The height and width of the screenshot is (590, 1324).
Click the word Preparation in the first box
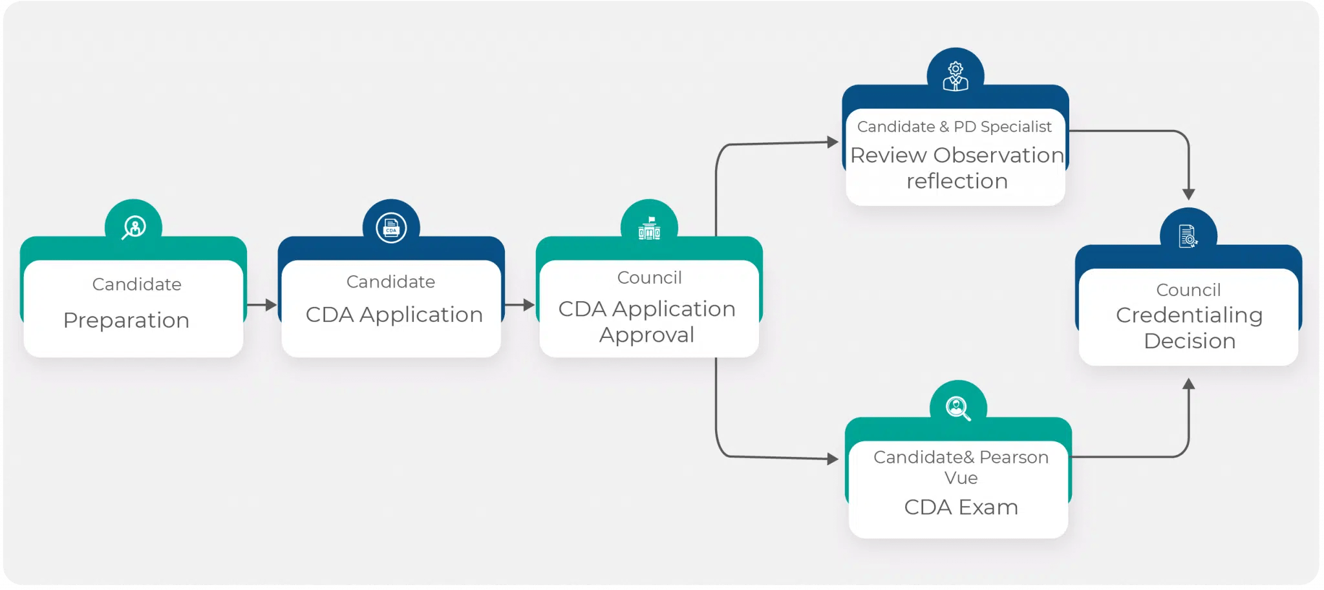click(x=126, y=321)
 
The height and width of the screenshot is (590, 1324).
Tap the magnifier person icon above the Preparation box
click(x=134, y=227)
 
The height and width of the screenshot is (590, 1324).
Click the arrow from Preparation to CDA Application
click(x=262, y=304)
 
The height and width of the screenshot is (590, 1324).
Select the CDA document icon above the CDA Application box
click(x=391, y=228)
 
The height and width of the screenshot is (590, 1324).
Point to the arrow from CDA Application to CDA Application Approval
click(x=520, y=304)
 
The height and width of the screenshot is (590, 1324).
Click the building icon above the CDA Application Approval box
click(x=649, y=228)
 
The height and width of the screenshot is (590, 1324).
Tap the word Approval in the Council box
click(x=646, y=335)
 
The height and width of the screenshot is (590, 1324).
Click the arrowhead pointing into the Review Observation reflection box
click(x=833, y=142)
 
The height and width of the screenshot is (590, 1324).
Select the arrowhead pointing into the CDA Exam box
click(x=833, y=459)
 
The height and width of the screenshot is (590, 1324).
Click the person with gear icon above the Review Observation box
click(x=956, y=76)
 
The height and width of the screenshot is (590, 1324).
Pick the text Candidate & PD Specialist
click(x=954, y=127)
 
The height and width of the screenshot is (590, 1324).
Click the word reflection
click(x=957, y=182)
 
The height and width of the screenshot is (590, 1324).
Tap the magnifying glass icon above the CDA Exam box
click(x=957, y=408)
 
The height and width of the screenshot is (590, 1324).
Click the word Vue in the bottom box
click(x=961, y=478)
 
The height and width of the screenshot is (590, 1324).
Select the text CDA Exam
click(x=961, y=507)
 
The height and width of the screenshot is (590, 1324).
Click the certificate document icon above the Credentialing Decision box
click(x=1188, y=237)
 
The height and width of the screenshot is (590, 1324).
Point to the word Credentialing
click(x=1189, y=315)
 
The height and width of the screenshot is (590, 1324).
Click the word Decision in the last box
click(x=1190, y=341)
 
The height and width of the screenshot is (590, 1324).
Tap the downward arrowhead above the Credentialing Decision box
click(x=1188, y=194)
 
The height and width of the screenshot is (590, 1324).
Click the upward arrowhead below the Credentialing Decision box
click(x=1188, y=384)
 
